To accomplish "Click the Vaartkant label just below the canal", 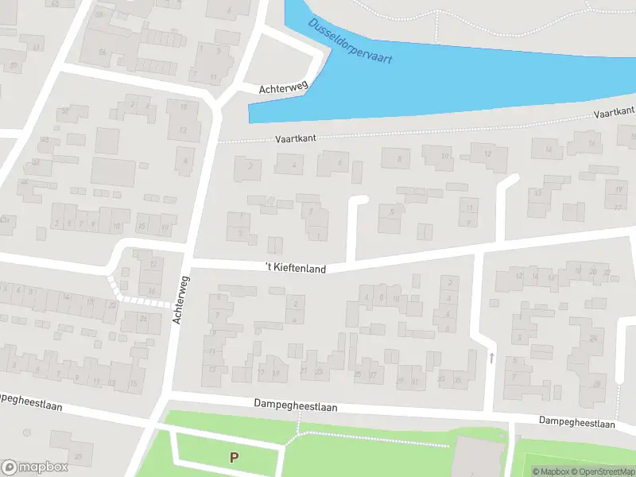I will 296,138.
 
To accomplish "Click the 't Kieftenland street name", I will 296,269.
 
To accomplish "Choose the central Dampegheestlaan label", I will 296,406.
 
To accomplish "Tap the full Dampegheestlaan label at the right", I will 576,423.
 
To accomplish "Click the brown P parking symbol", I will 234,457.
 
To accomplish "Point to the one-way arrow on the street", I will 491,358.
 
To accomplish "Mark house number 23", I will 319,371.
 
